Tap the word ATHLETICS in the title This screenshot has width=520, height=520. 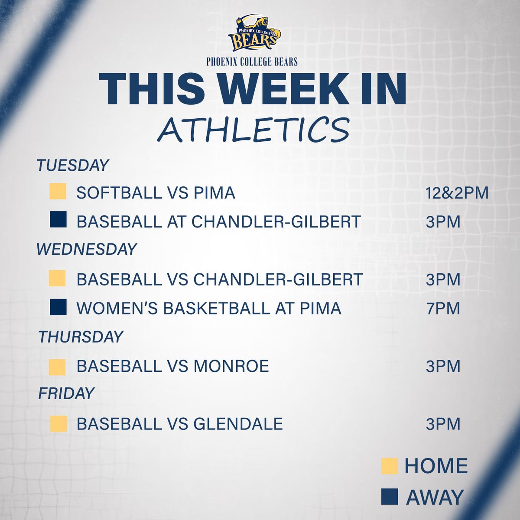[x=253, y=129]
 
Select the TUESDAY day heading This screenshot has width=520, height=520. [x=72, y=166]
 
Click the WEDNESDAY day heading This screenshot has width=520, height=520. [x=87, y=249]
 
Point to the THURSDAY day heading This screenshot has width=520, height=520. [x=81, y=337]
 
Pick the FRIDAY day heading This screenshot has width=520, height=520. [x=66, y=393]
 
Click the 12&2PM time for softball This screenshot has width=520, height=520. [x=457, y=193]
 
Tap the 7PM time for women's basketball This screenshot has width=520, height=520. [x=442, y=309]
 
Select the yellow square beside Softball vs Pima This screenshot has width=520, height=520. [x=58, y=192]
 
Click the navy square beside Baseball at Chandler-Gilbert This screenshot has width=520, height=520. [x=58, y=220]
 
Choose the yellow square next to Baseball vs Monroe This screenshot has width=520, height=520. [x=57, y=367]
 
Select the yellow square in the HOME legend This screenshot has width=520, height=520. [x=389, y=466]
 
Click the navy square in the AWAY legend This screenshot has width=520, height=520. [x=390, y=497]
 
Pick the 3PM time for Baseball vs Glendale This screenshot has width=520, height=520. [x=442, y=424]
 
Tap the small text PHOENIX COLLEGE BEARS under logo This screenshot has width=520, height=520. [x=252, y=62]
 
